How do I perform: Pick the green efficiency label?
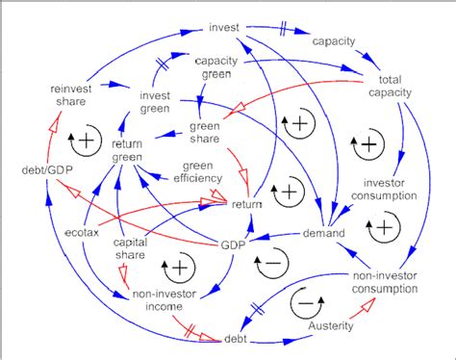click(191, 179)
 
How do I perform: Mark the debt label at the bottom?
click(236, 339)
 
